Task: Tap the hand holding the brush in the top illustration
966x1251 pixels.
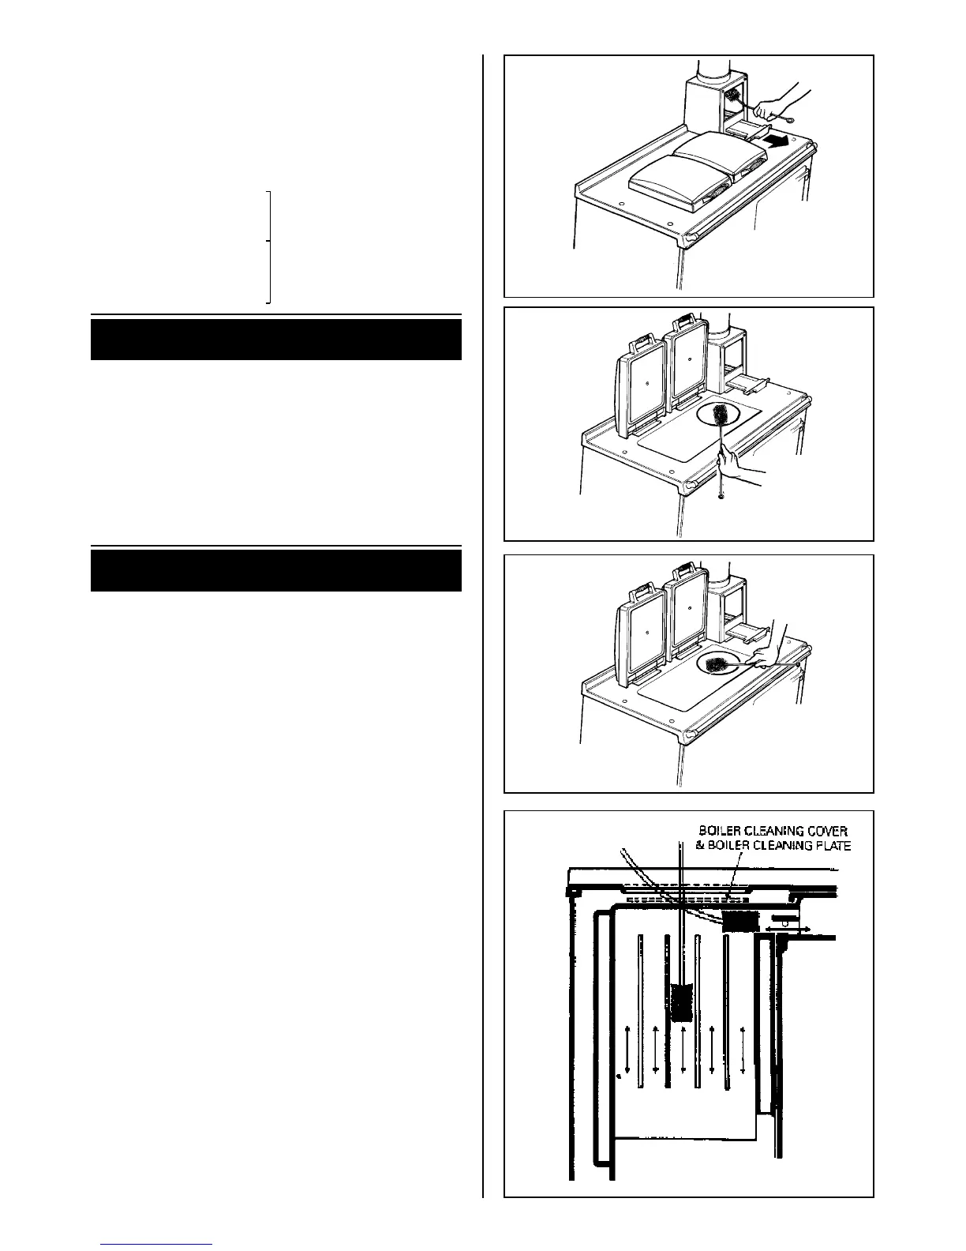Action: click(x=774, y=102)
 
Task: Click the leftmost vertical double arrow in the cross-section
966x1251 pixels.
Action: click(x=627, y=1058)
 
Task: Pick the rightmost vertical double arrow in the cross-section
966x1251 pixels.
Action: click(x=743, y=1058)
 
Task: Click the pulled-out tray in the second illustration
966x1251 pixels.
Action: click(x=746, y=385)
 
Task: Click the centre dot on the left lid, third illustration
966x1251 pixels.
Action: click(x=646, y=633)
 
